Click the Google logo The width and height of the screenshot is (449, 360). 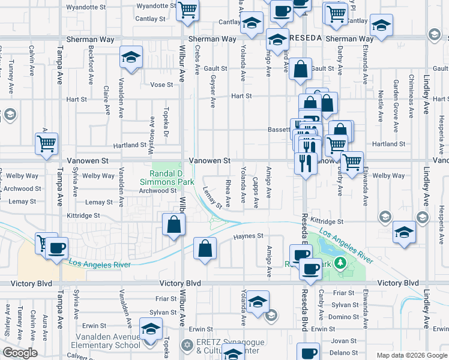(x=20, y=353)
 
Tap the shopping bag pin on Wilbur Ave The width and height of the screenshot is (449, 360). (x=173, y=227)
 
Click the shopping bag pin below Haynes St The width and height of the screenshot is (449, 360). (x=205, y=250)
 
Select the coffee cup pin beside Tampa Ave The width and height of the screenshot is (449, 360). (x=57, y=249)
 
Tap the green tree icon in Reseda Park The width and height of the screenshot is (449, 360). (x=341, y=263)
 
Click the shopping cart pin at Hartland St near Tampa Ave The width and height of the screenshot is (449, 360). (x=46, y=145)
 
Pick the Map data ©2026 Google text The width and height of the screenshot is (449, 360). (x=412, y=355)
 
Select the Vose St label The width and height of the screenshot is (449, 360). (x=161, y=85)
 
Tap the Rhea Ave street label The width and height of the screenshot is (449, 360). (x=228, y=192)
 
